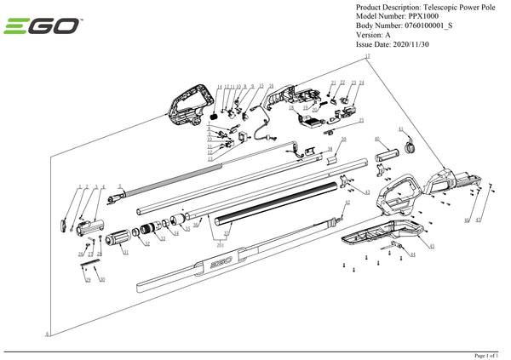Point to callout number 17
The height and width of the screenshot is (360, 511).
click(367, 57)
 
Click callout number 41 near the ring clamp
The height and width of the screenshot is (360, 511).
click(399, 130)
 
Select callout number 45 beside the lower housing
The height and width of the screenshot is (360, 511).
click(432, 247)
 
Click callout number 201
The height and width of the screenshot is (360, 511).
click(221, 244)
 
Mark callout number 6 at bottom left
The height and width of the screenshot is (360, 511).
click(47, 333)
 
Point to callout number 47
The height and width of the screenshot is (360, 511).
click(478, 220)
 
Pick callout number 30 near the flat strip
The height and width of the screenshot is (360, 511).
click(102, 279)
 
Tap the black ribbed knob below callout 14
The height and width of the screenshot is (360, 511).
click(215, 110)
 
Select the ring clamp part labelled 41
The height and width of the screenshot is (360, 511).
click(407, 147)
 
